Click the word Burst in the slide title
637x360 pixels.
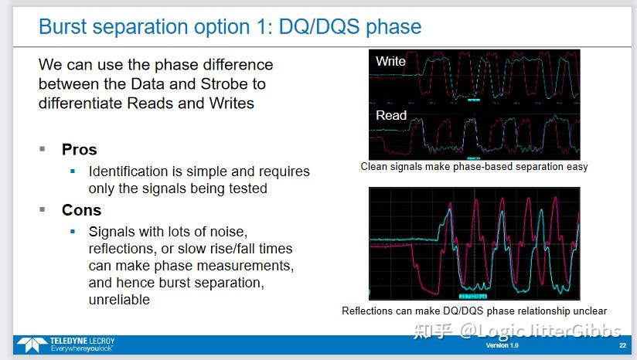62,27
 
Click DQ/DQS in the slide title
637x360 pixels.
319,27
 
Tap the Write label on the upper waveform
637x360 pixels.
390,61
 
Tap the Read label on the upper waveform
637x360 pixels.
391,115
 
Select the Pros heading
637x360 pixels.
79,149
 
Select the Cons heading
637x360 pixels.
81,210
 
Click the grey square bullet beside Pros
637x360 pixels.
43,149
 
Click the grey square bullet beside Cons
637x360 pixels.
43,209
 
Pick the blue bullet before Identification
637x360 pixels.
73,172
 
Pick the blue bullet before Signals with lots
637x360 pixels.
73,231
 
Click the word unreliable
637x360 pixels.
119,300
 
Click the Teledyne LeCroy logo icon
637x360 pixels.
32,345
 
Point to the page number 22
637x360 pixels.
622,345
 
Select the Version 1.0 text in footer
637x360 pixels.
502,345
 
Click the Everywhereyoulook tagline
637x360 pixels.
81,348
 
